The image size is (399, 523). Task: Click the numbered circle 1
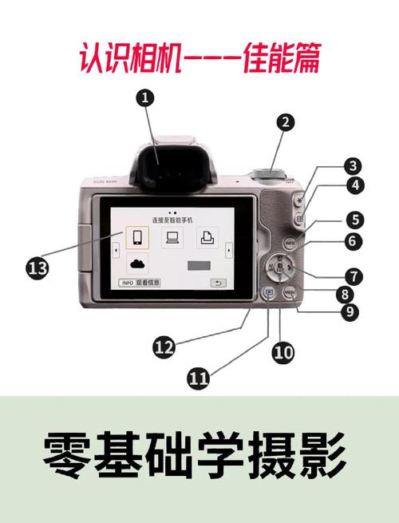[x=144, y=98]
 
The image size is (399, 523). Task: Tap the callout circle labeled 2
[x=286, y=122]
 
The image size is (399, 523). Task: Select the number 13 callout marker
[x=38, y=268]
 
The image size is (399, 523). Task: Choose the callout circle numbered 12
[x=164, y=346]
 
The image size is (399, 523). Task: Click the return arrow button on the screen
[x=217, y=283]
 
